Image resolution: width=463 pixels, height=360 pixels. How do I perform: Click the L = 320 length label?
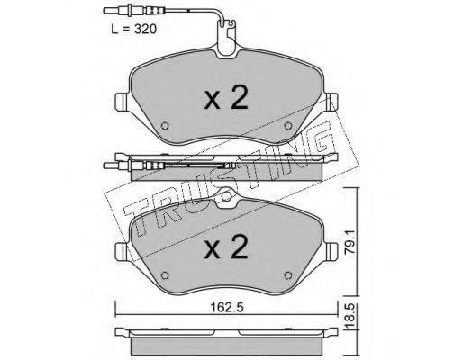pyautogui.click(x=133, y=30)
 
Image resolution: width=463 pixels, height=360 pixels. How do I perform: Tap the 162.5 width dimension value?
pyautogui.click(x=227, y=307)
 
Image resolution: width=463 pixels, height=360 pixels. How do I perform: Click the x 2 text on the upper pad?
pyautogui.click(x=226, y=97)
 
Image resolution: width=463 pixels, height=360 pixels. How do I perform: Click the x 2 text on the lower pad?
pyautogui.click(x=226, y=247)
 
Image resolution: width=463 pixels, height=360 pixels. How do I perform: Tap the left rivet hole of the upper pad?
pyautogui.click(x=165, y=126)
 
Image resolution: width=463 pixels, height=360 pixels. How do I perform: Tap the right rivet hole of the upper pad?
pyautogui.click(x=288, y=126)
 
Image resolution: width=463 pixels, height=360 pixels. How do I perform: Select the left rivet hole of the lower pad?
pyautogui.click(x=165, y=275)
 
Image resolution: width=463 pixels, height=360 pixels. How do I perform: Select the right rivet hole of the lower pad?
pyautogui.click(x=288, y=275)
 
